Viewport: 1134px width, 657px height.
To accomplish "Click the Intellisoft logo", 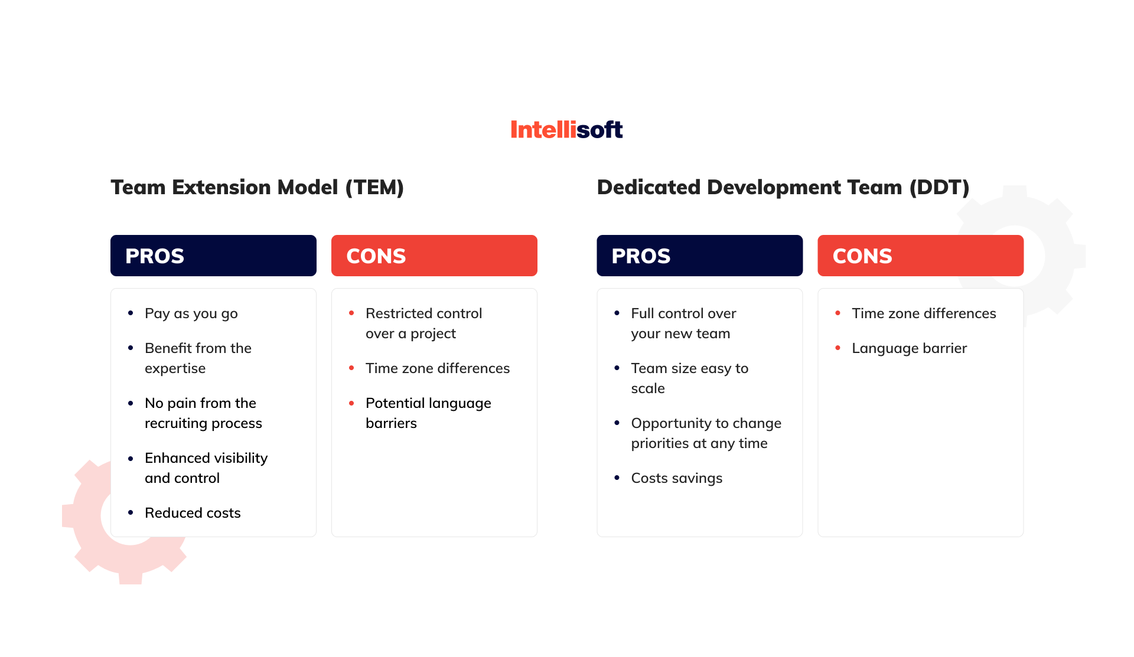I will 566,129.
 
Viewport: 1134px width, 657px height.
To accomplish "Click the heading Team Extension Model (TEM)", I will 257,187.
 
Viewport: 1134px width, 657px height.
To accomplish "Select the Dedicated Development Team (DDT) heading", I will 783,187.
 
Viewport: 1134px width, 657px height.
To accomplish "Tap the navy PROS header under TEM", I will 213,256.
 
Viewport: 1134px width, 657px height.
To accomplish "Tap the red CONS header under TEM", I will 434,256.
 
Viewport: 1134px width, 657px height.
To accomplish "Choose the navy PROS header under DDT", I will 699,256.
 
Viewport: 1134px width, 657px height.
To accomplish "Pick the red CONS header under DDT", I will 920,256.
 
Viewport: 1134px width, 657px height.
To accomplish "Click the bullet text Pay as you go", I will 191,313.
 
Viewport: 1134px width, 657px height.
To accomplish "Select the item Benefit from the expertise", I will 198,358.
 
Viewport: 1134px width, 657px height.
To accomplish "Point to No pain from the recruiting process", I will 203,413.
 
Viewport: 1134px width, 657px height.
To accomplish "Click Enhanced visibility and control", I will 206,468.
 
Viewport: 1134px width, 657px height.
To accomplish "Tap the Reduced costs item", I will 193,513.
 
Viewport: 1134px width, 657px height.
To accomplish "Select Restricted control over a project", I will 423,323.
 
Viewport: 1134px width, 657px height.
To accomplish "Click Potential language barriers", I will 428,413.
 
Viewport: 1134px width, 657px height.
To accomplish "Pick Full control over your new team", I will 683,323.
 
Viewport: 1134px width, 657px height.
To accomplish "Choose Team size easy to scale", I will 689,378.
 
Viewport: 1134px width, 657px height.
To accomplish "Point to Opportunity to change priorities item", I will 705,433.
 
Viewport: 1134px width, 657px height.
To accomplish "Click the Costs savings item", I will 676,478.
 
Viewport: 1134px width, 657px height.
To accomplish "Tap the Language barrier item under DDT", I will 909,348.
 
